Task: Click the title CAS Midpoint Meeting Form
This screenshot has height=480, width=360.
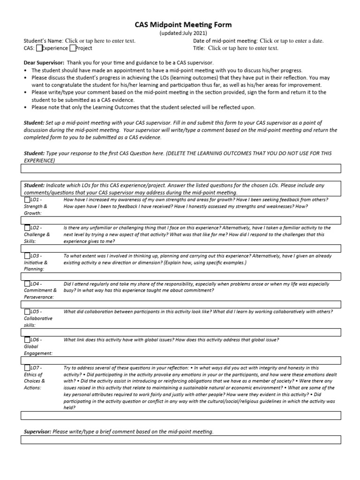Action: [180, 25]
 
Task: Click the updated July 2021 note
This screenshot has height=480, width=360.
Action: [180, 33]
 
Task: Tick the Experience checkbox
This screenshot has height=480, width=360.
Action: [39, 48]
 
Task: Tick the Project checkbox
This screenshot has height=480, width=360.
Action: [73, 48]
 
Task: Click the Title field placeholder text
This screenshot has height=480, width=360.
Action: [243, 48]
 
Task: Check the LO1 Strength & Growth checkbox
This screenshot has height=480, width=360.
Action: [27, 200]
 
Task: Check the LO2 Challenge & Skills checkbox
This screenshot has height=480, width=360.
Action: [27, 228]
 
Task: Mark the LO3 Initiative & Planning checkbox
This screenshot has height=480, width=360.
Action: [27, 256]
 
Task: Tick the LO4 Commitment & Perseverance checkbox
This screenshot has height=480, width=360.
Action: [27, 284]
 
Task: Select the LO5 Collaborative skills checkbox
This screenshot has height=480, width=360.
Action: [27, 312]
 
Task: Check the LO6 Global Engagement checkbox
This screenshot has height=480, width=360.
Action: [27, 340]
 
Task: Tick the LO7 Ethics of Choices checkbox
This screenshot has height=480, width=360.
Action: [27, 368]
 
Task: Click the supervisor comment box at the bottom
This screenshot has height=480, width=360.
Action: [180, 440]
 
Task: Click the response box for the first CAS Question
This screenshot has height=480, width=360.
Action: [180, 168]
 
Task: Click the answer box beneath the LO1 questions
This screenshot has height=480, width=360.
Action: [180, 220]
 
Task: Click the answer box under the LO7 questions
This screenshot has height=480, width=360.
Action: [180, 415]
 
